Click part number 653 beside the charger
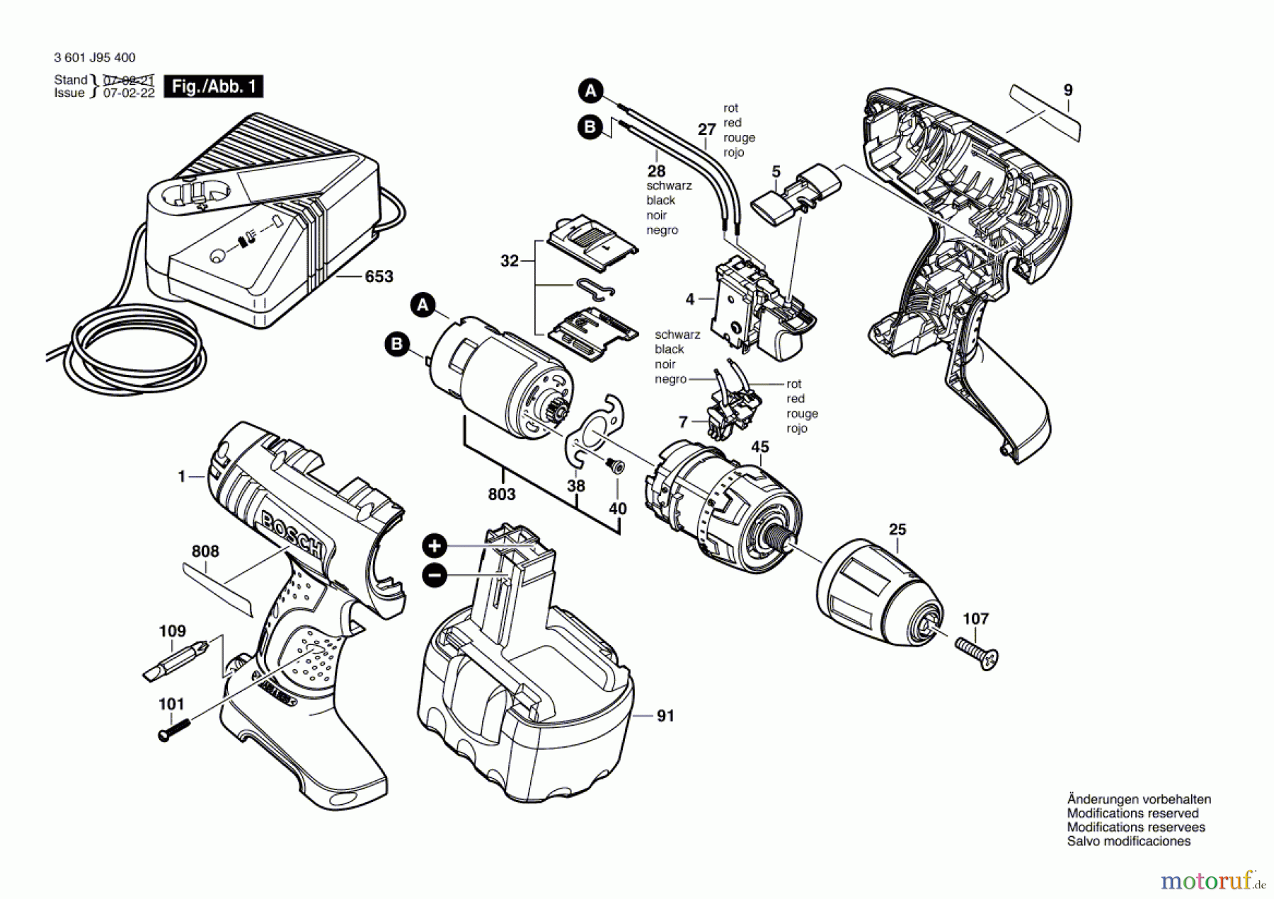coord(379,277)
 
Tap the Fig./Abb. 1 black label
coord(213,86)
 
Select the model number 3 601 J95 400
coord(94,57)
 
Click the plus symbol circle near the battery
coord(435,546)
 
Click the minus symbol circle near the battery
coord(435,575)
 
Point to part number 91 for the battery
coord(665,716)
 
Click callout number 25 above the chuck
coord(897,529)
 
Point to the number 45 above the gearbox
coord(760,447)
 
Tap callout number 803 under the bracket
coord(501,494)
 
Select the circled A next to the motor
coord(423,305)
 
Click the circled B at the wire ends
coord(590,127)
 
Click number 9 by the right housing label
coord(1068,90)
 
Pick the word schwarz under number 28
coord(669,185)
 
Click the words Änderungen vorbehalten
coord(1139,799)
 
